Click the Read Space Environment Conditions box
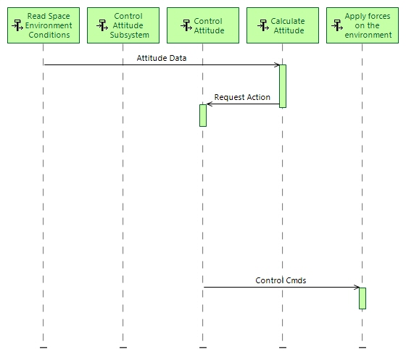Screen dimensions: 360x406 [x=43, y=25]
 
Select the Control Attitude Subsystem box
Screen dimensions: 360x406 [x=123, y=25]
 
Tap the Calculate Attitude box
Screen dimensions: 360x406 [x=282, y=25]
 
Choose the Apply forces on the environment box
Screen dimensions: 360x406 [x=362, y=25]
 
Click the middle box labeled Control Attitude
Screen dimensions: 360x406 [x=202, y=25]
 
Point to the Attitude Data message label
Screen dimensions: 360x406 [x=161, y=59]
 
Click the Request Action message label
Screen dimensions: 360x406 [x=242, y=97]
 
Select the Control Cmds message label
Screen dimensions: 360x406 [x=281, y=280]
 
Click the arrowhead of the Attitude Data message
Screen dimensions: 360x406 [x=277, y=65]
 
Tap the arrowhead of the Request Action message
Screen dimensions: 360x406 [x=210, y=104]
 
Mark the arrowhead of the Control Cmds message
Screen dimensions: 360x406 [x=357, y=287]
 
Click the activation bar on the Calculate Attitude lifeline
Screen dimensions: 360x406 [x=283, y=86]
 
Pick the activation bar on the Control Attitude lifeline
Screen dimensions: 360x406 [x=203, y=115]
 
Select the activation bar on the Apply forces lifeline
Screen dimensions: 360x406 [x=362, y=298]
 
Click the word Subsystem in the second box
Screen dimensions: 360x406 [x=134, y=35]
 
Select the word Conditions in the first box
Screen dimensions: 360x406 [x=49, y=35]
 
